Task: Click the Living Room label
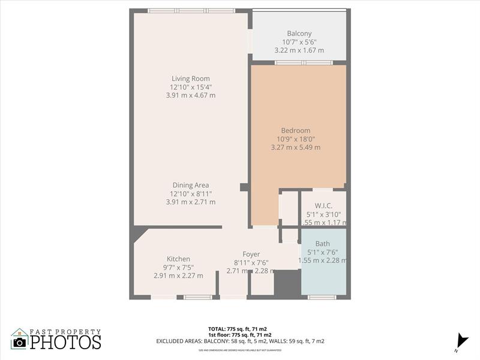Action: coord(191,79)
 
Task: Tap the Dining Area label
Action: coord(191,185)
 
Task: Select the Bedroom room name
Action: coord(296,131)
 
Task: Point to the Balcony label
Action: coord(299,34)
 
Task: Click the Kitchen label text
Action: coord(178,259)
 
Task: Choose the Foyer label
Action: coord(251,254)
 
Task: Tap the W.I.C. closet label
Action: coord(323,206)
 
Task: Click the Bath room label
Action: coord(323,244)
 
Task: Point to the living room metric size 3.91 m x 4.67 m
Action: coord(191,95)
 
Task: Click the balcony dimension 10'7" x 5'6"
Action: coord(299,42)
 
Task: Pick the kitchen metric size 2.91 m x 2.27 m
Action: coord(178,276)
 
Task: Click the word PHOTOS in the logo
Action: coord(65,343)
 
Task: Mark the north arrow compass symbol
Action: coord(461,340)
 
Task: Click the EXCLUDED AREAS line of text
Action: coord(241,341)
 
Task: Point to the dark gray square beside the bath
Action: coord(287,283)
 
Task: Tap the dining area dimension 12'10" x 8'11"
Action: coord(191,194)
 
